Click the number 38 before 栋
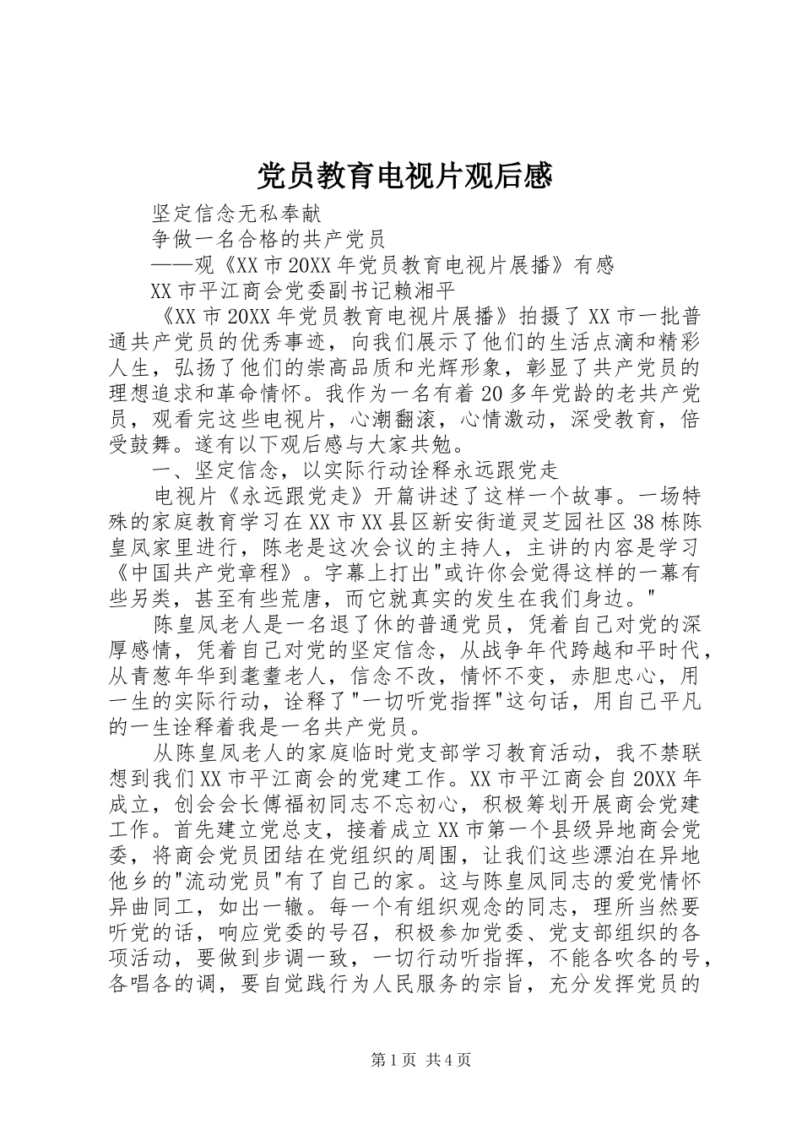point(638,520)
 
